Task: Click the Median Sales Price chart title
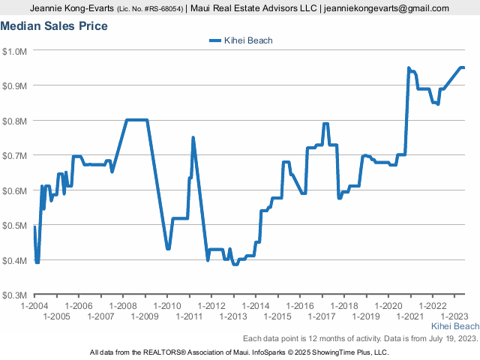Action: [54, 26]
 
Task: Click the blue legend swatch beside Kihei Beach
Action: [215, 40]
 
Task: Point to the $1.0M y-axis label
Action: [14, 52]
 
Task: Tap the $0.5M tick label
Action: [14, 226]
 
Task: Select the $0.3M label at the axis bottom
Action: [14, 295]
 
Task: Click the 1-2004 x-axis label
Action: [34, 306]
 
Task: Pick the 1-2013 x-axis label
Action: [233, 316]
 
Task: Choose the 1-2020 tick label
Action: [388, 306]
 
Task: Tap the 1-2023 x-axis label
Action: [454, 316]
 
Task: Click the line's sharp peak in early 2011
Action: [193, 138]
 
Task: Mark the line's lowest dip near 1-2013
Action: [235, 264]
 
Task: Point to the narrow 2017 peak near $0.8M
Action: [325, 124]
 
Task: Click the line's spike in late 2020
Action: [409, 68]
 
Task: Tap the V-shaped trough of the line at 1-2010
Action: [168, 248]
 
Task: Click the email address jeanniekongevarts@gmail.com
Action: [386, 8]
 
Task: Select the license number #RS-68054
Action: [163, 9]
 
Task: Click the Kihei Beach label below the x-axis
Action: [455, 326]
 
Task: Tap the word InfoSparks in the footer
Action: [268, 352]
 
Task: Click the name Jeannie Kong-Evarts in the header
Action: [72, 8]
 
